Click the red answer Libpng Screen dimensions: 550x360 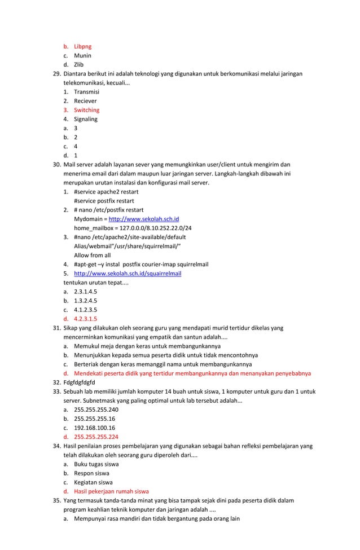click(x=82, y=46)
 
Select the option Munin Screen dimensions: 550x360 click(x=82, y=55)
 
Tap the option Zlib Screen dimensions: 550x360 click(x=80, y=64)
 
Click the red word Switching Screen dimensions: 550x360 click(x=86, y=110)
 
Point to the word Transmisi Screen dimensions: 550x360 click(x=86, y=92)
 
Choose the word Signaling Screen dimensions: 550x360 click(x=86, y=119)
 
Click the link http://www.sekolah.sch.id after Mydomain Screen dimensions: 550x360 click(x=144, y=219)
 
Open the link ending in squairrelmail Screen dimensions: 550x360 click(x=128, y=273)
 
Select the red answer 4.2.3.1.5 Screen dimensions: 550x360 click(x=85, y=318)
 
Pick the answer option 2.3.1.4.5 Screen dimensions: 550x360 click(x=85, y=291)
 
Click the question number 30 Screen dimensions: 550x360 click(x=56, y=165)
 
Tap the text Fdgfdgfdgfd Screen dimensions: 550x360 click(x=79, y=382)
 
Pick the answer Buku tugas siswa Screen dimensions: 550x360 click(x=96, y=464)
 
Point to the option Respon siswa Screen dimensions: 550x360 click(x=91, y=473)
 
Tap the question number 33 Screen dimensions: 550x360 click(x=56, y=391)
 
